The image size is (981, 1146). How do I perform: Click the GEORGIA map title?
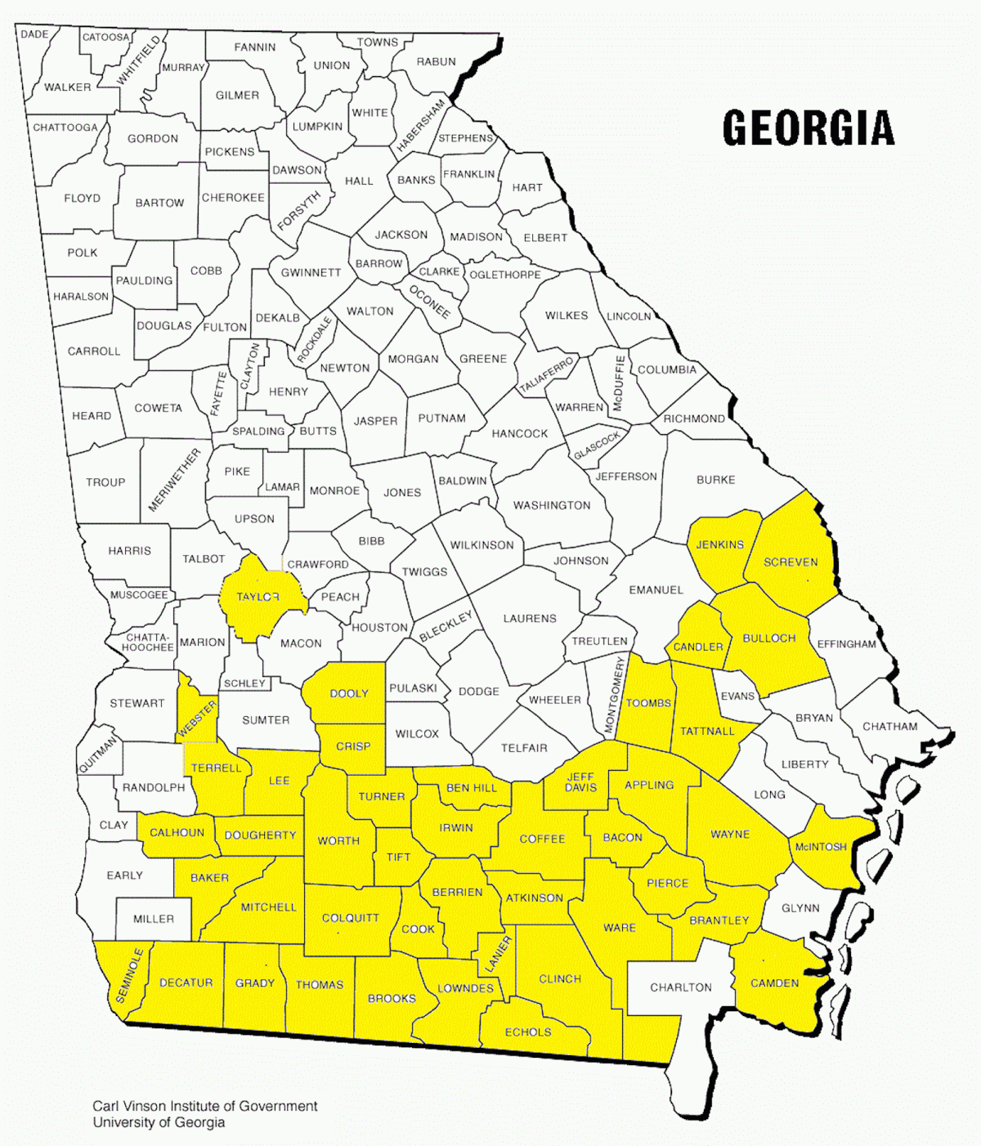point(809,128)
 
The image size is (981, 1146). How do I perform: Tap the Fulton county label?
point(225,327)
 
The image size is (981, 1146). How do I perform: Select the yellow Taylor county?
point(258,598)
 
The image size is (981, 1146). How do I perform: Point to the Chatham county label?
point(890,726)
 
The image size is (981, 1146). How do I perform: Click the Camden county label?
point(774,983)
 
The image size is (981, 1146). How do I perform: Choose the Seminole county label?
point(130,975)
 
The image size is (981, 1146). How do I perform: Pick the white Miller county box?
point(154,919)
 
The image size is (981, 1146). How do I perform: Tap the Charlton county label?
point(681,987)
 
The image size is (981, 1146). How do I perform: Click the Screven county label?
point(791,562)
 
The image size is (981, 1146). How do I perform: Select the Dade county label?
point(34,34)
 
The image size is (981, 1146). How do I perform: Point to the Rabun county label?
point(436,61)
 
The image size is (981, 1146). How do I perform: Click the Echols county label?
point(528,1032)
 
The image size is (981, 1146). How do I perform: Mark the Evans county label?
point(737,696)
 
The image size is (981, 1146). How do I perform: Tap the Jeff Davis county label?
point(581,781)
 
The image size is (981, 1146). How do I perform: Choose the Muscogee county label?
point(139,595)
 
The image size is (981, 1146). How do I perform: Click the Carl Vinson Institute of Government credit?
point(205,1106)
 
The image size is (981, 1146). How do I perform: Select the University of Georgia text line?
point(159,1122)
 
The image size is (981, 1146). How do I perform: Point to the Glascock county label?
point(597,445)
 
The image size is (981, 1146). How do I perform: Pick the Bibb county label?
point(371,541)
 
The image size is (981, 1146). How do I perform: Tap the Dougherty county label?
point(260,835)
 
